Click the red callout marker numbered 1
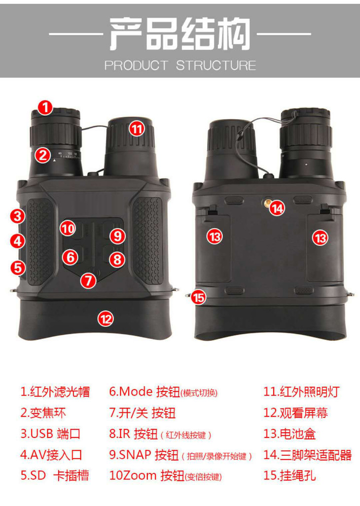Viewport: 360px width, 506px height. coord(45,107)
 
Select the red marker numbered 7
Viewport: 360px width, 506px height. coord(88,280)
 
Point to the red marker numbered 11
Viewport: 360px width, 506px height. coord(137,129)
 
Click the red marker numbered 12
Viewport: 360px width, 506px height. coord(106,319)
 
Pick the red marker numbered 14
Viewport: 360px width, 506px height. coord(277,208)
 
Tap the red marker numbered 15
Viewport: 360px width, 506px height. coord(198,297)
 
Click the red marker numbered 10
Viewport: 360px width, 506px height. coord(68,229)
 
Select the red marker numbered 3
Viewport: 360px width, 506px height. coord(17,216)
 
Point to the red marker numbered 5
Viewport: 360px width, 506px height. coord(18,268)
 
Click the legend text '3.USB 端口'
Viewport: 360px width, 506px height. coord(50,434)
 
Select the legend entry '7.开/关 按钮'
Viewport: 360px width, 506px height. coord(143,413)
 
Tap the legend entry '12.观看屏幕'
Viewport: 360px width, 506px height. coord(295,413)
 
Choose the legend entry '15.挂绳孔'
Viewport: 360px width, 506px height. coord(289,475)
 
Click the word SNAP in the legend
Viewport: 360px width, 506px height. coord(135,455)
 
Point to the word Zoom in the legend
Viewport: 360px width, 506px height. coord(140,475)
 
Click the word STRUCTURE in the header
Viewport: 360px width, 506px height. coord(216,66)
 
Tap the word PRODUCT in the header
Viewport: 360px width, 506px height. coord(136,66)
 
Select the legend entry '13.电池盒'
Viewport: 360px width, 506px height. coord(289,434)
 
